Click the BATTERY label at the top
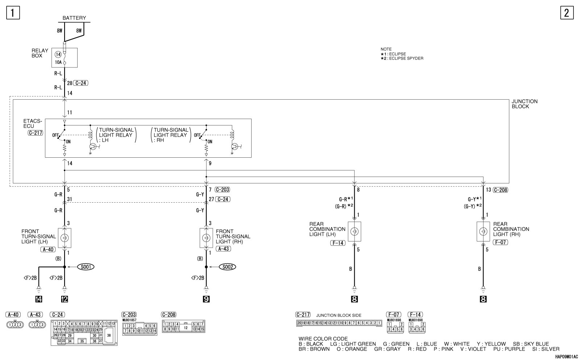point(74,18)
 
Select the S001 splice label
point(86,267)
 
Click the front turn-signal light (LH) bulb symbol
point(65,237)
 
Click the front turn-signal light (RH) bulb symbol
point(206,237)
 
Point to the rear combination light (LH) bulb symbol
point(354,231)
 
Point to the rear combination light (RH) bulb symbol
point(483,231)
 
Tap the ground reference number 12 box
point(65,299)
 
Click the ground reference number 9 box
point(206,299)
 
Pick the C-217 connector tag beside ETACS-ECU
point(35,133)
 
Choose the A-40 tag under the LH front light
point(48,249)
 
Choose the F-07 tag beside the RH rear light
point(500,242)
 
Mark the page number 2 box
point(567,13)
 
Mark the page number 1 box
point(13,13)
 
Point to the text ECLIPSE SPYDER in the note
point(406,58)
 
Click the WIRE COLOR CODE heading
point(323,339)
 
